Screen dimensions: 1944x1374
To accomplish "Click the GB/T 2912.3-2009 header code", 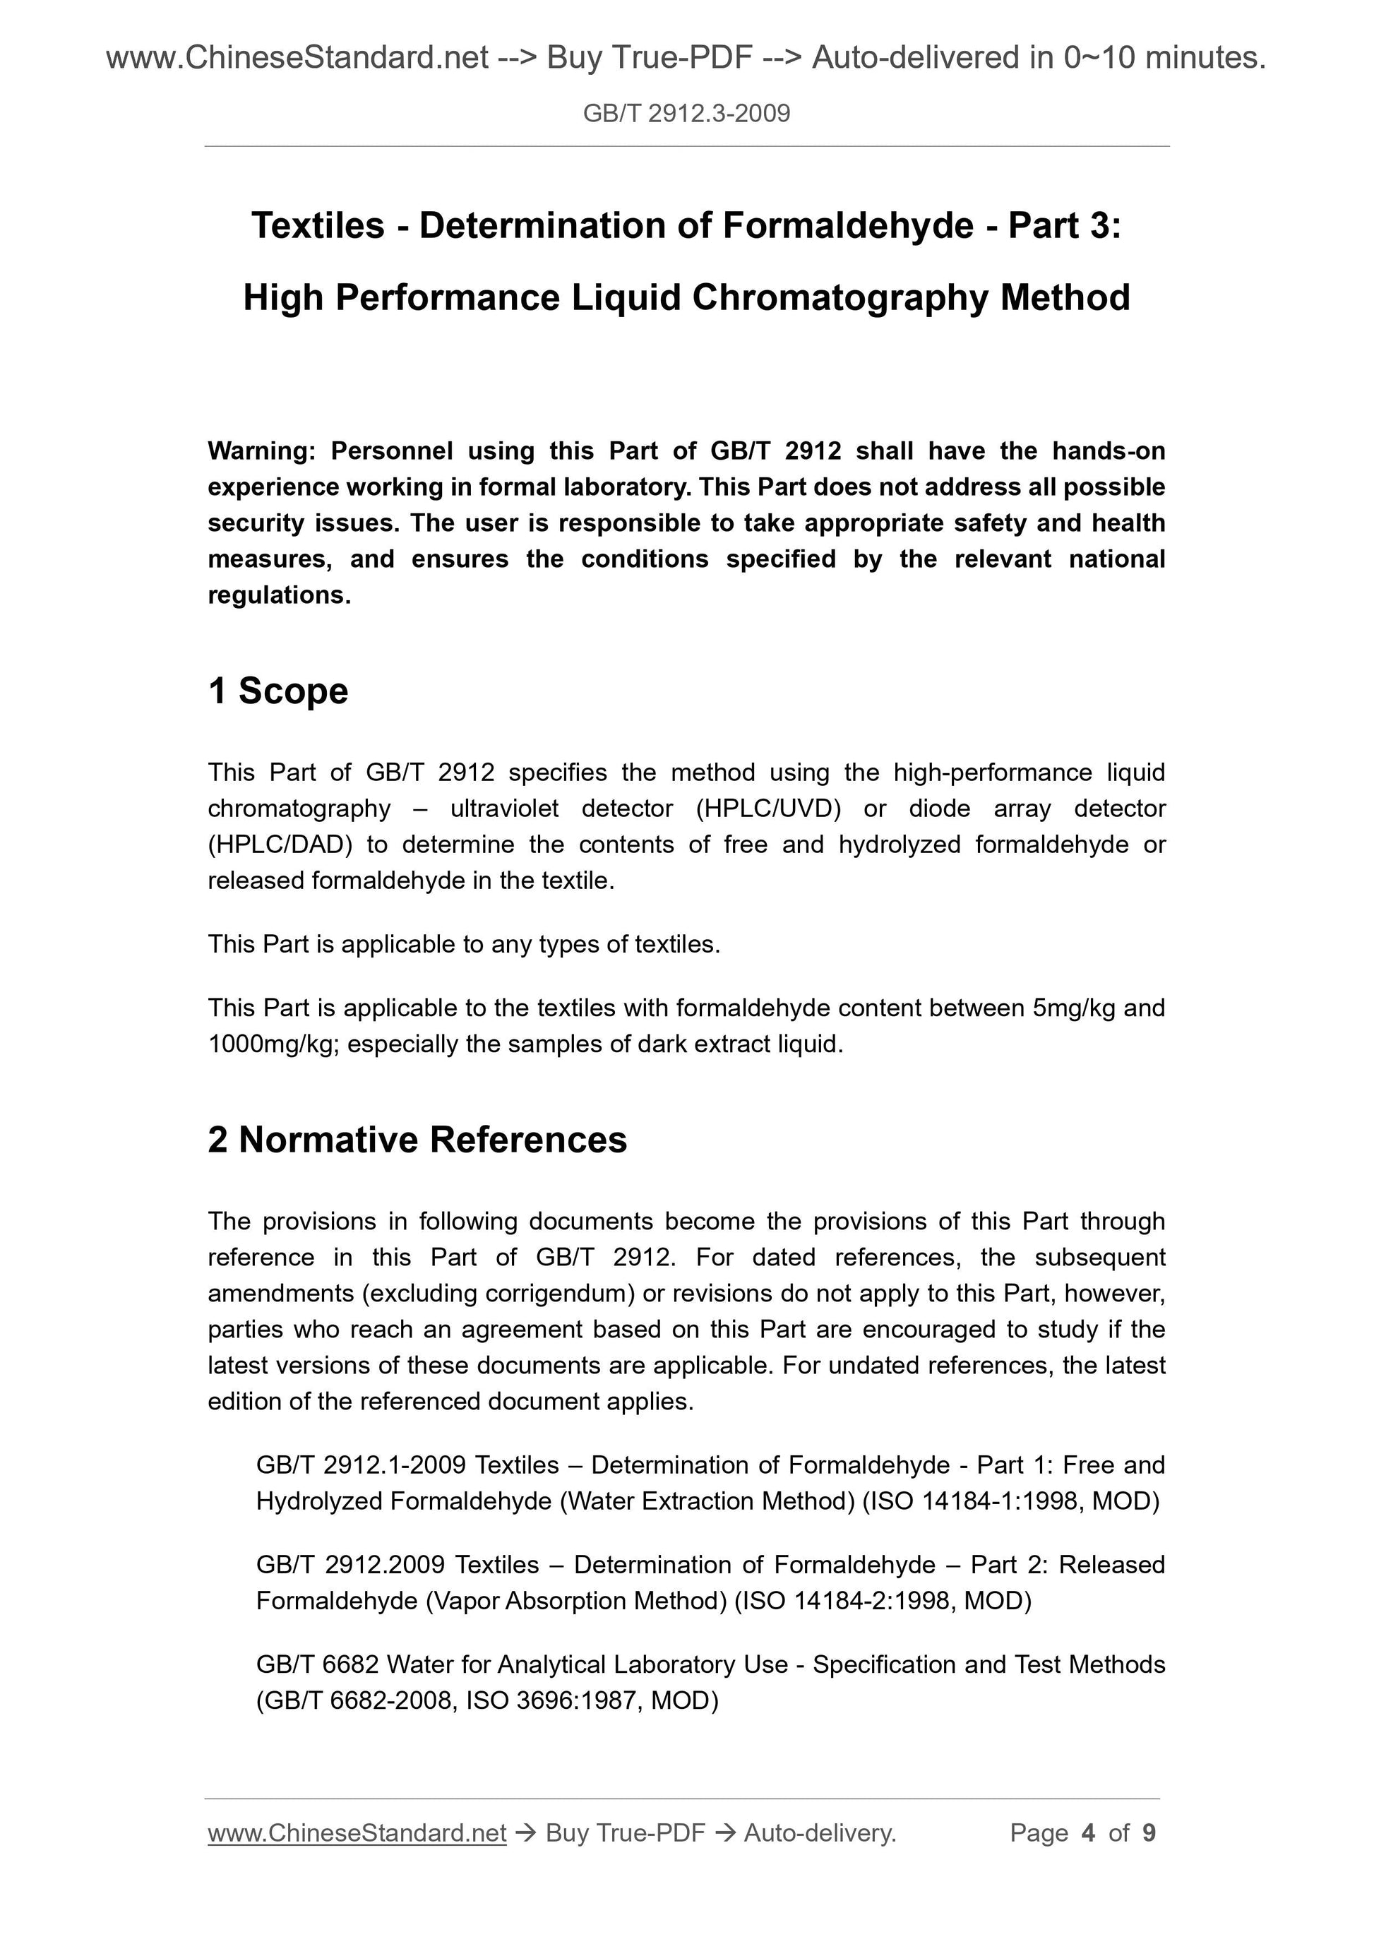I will point(686,114).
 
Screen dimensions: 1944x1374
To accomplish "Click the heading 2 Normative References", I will point(417,1140).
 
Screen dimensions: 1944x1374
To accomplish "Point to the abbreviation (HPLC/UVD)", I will point(768,809).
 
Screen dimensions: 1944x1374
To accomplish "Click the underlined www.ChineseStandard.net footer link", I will point(357,1833).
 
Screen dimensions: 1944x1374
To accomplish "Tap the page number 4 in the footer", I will point(1088,1833).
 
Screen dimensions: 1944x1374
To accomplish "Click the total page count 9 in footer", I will point(1149,1833).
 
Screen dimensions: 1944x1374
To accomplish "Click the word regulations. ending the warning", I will point(278,595).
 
